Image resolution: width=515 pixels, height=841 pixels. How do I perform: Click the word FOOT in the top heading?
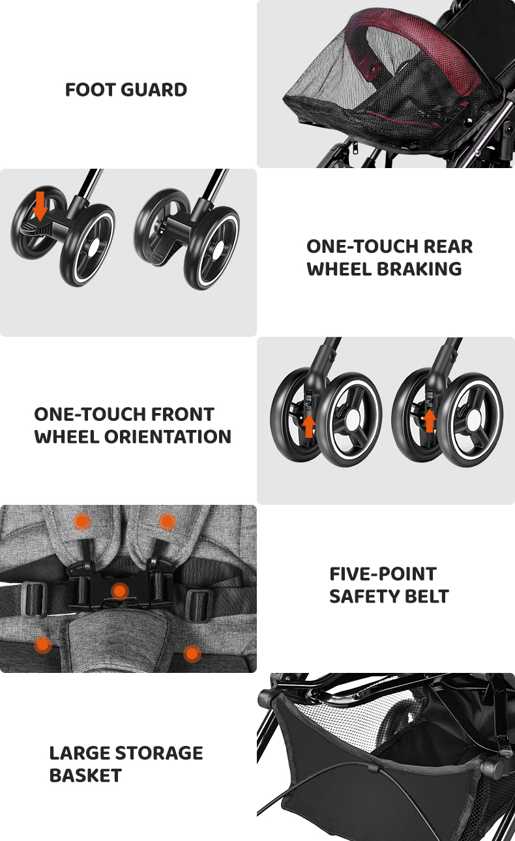coord(90,90)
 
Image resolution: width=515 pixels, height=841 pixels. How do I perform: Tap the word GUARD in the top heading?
coord(154,90)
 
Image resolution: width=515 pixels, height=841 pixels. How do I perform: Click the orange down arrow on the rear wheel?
coord(40,206)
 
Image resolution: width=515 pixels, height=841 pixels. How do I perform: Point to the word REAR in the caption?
coord(448,247)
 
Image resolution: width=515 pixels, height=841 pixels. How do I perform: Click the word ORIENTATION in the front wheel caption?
coord(168,436)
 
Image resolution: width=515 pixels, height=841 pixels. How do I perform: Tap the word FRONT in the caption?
coord(183,414)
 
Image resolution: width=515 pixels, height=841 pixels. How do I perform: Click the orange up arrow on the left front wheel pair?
coord(309,426)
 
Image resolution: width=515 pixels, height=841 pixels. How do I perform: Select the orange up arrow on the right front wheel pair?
coord(430,420)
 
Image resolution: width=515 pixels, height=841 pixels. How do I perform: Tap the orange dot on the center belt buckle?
coord(120,592)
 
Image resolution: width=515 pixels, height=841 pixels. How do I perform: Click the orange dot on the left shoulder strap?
coord(82,522)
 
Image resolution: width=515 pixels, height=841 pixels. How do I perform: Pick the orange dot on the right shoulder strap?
coord(167,522)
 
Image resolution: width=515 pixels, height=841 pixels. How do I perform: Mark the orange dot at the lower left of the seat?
coord(43,645)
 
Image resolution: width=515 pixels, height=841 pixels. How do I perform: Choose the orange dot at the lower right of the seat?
coord(192,654)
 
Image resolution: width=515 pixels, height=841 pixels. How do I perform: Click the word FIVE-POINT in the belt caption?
coord(383,574)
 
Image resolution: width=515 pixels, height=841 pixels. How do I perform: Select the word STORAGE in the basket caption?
coord(158,753)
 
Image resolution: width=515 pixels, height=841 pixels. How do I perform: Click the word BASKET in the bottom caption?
coord(85,776)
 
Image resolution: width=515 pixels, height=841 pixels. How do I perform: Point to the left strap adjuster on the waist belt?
coord(34,599)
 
